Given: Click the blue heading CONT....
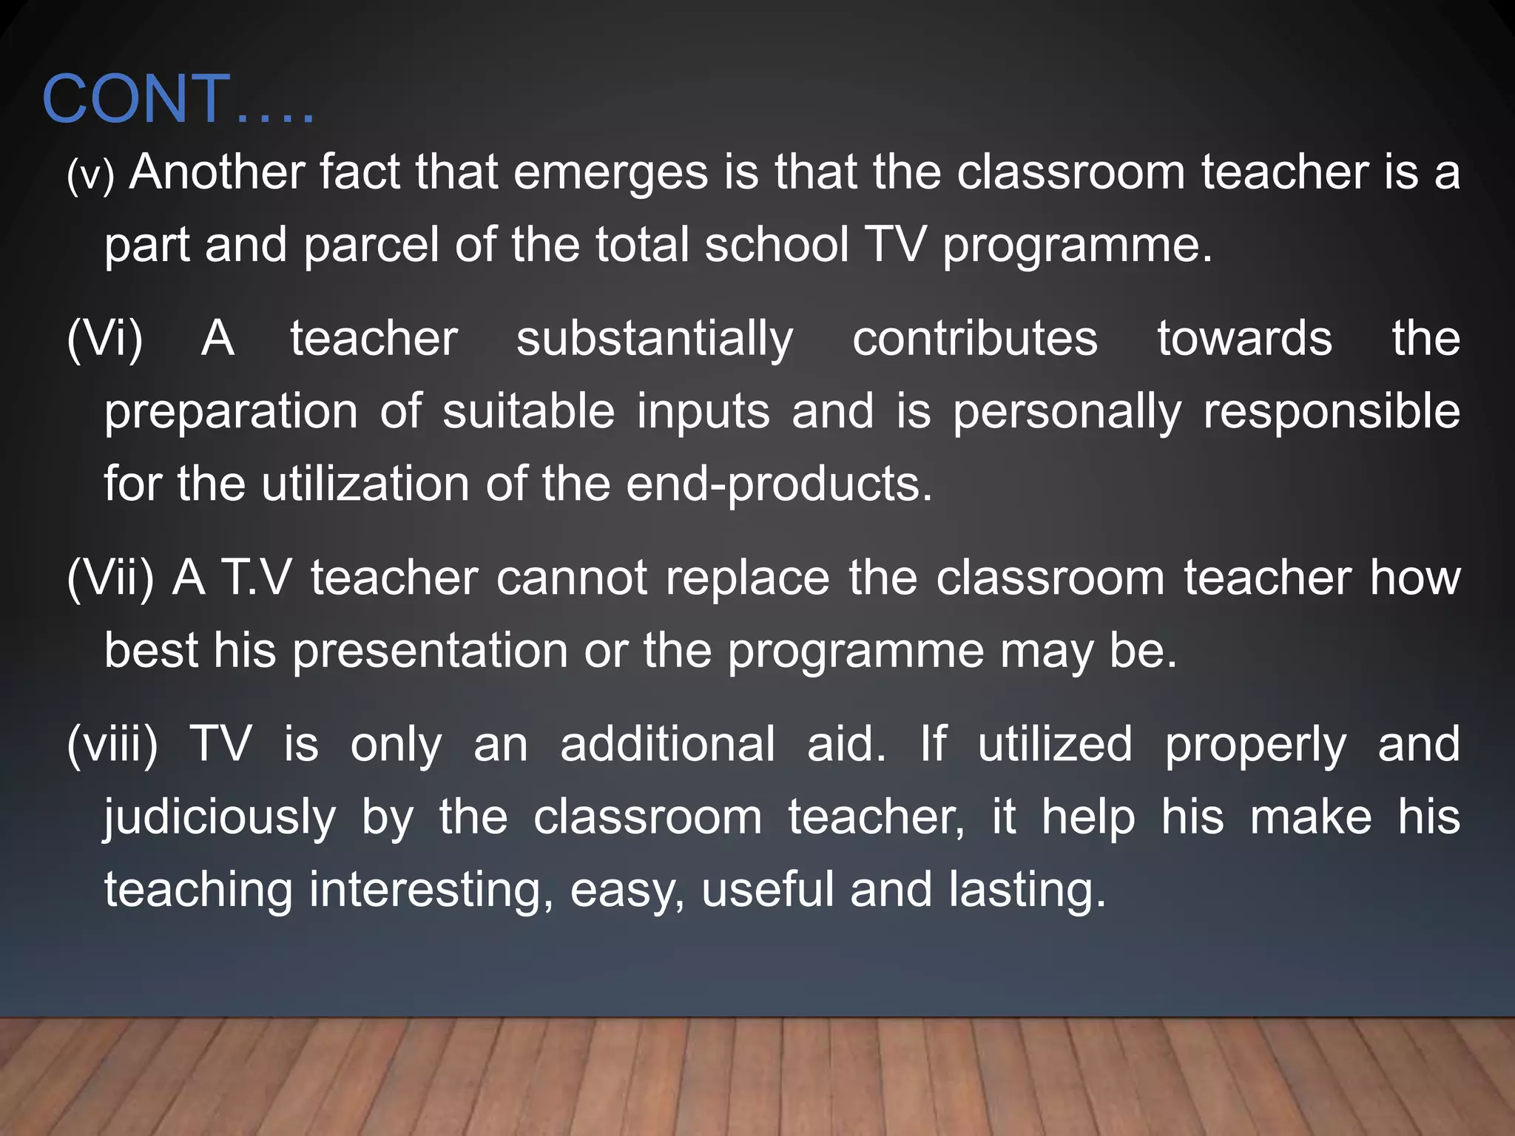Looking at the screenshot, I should pos(178,99).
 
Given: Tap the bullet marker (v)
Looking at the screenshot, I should pos(90,175).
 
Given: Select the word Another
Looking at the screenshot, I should pos(217,172).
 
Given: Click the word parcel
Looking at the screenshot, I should pos(372,245).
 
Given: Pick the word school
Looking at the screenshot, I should pos(776,245).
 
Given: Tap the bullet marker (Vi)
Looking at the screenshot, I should pos(104,339).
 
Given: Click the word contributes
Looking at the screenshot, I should pos(974,339).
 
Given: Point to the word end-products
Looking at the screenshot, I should pos(779,485).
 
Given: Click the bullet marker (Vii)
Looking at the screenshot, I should pos(110,578).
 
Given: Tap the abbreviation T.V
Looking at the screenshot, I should pos(256,578).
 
